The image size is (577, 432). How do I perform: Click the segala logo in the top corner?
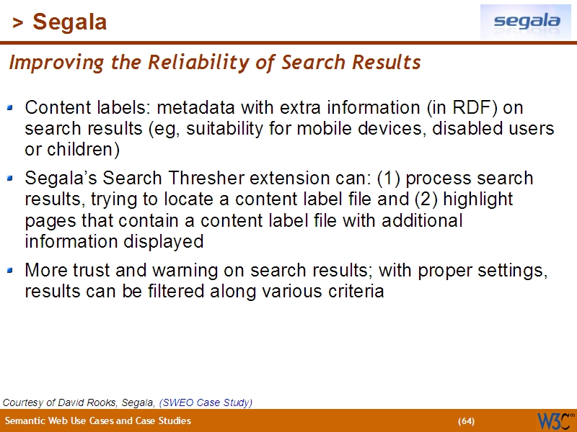click(x=527, y=22)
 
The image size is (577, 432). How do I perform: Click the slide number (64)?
click(x=466, y=420)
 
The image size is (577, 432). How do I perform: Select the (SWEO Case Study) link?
click(x=206, y=402)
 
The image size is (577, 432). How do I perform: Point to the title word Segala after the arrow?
click(x=70, y=22)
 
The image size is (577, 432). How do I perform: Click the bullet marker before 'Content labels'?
click(x=10, y=108)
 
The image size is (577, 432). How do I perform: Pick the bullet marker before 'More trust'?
click(x=10, y=271)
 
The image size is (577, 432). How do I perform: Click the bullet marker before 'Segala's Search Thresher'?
click(x=10, y=178)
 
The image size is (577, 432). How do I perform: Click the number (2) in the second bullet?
click(x=415, y=199)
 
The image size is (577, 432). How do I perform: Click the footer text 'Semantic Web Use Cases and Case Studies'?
click(x=98, y=420)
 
